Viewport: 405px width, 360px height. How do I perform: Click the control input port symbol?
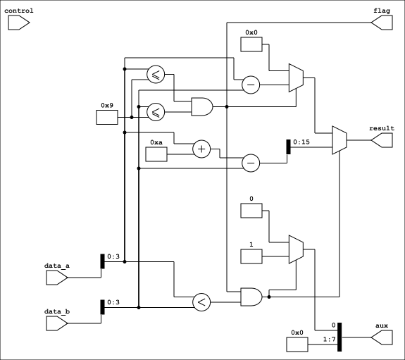[x=18, y=23]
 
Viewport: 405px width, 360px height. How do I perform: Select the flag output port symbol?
[x=382, y=23]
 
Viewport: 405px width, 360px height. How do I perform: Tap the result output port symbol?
[x=382, y=140]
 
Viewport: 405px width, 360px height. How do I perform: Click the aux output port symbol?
[x=382, y=337]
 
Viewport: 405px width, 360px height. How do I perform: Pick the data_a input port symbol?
[x=57, y=278]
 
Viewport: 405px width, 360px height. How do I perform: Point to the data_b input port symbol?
[x=57, y=323]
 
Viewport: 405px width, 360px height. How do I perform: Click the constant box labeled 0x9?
[x=107, y=118]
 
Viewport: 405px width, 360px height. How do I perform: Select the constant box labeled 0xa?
[x=156, y=154]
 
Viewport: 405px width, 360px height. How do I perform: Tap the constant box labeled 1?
[x=251, y=256]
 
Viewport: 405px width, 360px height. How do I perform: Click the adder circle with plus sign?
[x=201, y=149]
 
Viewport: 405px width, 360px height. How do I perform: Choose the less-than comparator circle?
[x=201, y=302]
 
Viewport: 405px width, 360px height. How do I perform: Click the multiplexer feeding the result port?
[x=339, y=140]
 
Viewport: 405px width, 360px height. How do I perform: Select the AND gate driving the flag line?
[x=202, y=106]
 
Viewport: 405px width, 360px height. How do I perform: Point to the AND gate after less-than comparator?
[x=251, y=297]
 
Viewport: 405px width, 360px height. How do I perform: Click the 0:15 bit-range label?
[x=301, y=142]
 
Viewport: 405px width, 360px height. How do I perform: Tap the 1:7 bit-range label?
[x=330, y=339]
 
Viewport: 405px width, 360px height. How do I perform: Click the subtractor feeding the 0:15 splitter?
[x=251, y=163]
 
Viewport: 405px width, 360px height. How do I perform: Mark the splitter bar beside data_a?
[x=103, y=261]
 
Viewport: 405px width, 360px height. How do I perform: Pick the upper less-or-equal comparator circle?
[x=156, y=74]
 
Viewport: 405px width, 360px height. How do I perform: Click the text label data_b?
[x=57, y=311]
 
